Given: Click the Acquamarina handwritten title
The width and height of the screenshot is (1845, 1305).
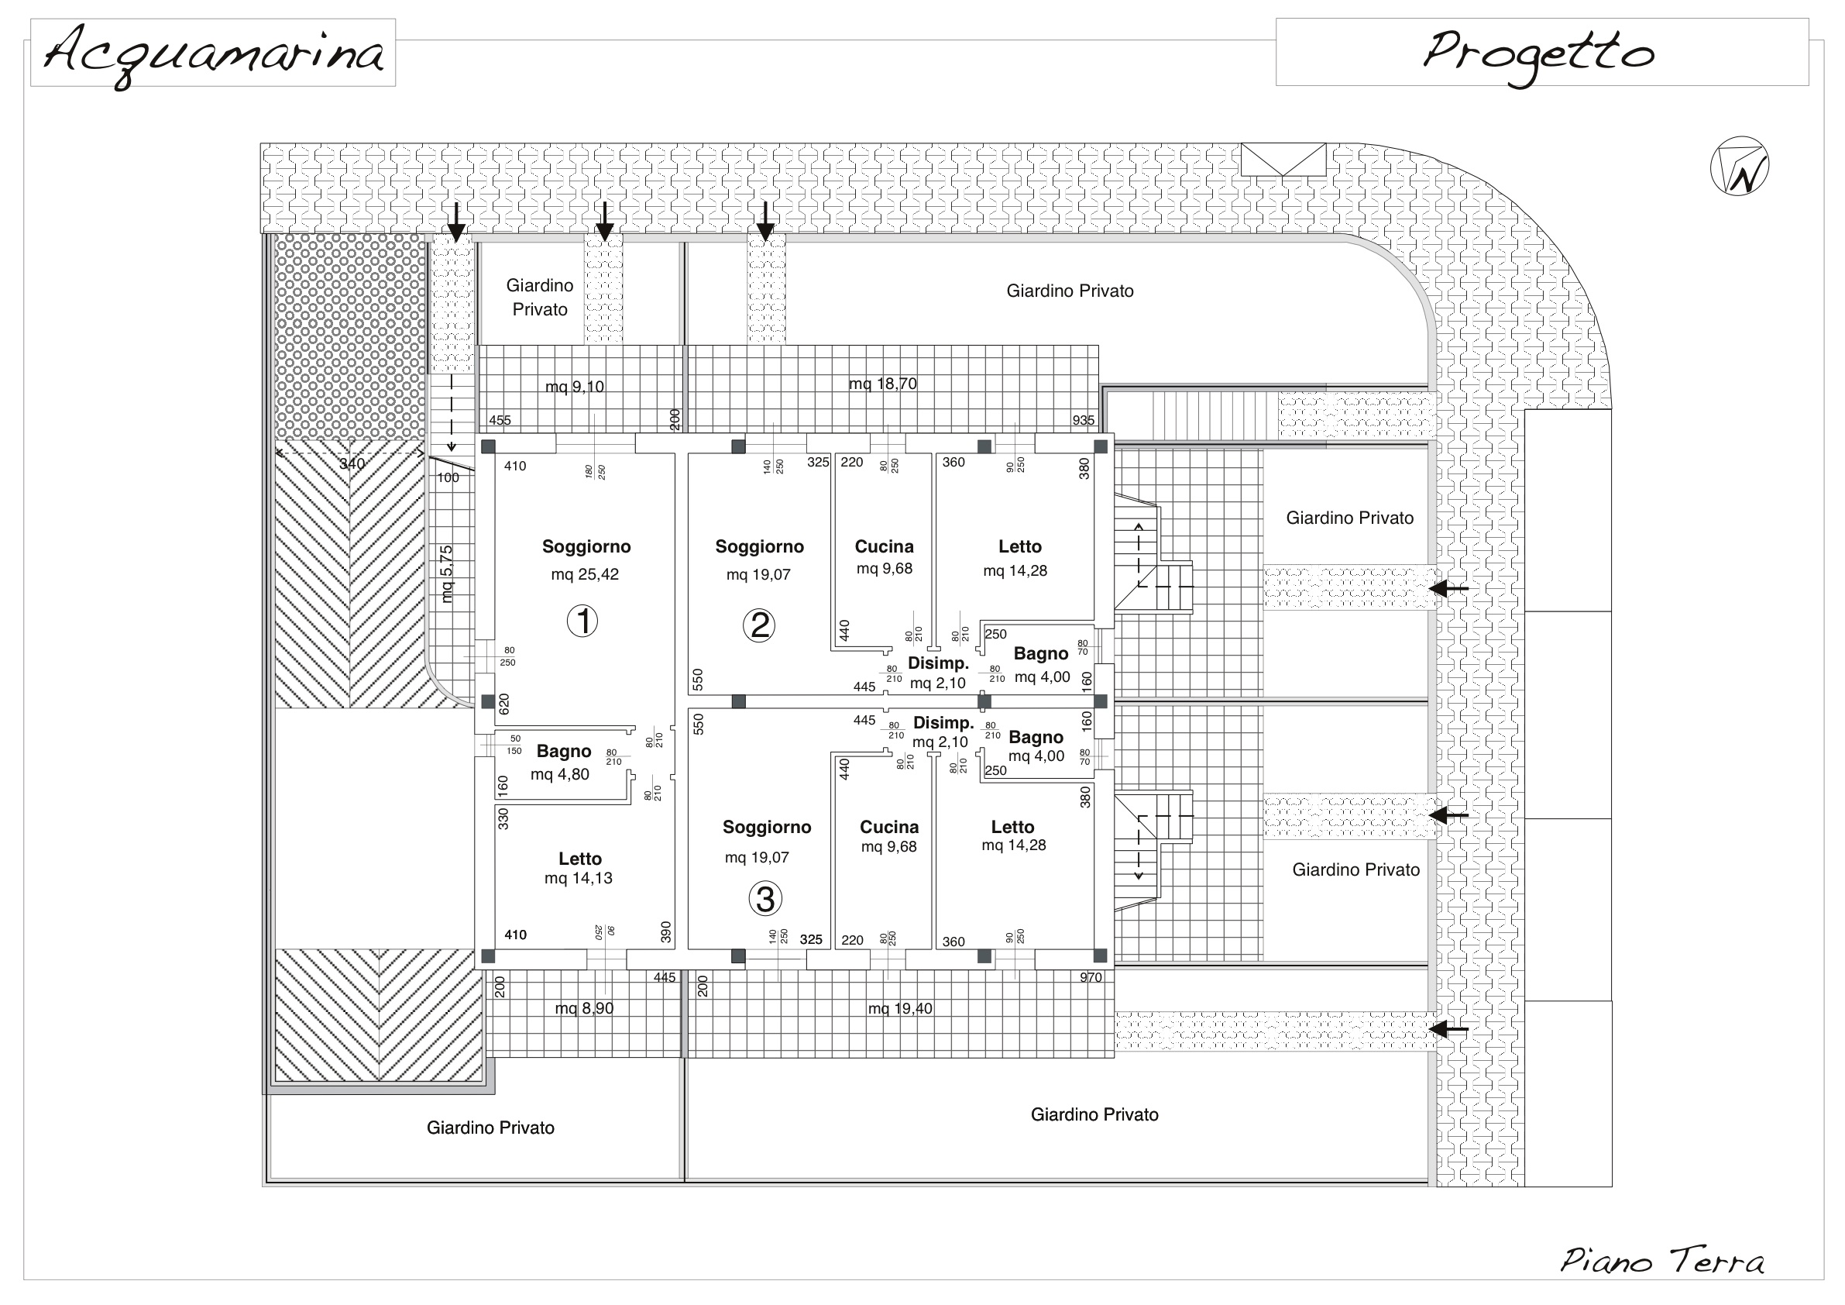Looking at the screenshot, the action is (213, 55).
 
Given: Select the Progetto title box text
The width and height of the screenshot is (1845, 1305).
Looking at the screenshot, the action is (1538, 55).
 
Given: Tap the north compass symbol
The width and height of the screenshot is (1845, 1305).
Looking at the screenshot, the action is (1739, 167).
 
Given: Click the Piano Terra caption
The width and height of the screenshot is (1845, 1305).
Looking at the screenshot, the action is (1662, 1260).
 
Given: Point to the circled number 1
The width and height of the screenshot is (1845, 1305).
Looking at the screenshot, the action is (582, 621).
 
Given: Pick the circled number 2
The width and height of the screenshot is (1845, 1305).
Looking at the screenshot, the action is (758, 625).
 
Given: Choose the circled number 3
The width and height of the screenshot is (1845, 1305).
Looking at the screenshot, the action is (765, 899).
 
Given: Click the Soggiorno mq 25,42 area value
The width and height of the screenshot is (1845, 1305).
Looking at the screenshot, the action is (585, 574).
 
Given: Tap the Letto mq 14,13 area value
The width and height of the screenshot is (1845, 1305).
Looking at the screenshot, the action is (579, 878).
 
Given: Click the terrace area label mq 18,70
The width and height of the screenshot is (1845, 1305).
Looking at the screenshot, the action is (883, 384).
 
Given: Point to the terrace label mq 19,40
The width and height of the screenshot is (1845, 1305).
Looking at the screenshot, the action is (900, 1008).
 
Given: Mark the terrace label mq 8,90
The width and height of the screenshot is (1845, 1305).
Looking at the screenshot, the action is (584, 1008).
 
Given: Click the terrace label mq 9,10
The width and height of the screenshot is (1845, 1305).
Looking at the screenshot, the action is (575, 387).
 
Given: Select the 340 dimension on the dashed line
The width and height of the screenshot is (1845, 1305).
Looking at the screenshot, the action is (352, 464).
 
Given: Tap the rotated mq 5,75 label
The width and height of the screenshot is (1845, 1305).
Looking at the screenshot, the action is (447, 574).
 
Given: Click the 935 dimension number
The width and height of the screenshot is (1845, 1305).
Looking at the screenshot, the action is (1083, 421).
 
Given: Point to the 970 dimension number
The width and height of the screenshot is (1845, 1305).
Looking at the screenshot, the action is (1091, 978).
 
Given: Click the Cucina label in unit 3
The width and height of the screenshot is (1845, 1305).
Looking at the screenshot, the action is (889, 827).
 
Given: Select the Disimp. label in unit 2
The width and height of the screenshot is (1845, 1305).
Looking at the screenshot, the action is (939, 663).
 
